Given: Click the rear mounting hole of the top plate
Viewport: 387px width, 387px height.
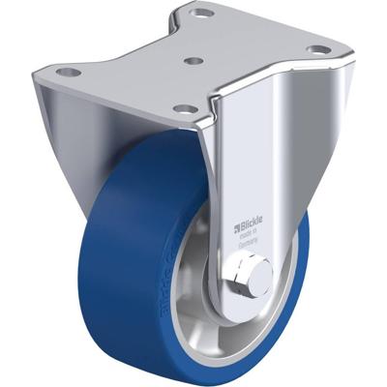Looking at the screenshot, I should coord(202,15).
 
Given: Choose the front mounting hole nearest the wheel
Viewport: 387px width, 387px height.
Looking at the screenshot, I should coord(183,109).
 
